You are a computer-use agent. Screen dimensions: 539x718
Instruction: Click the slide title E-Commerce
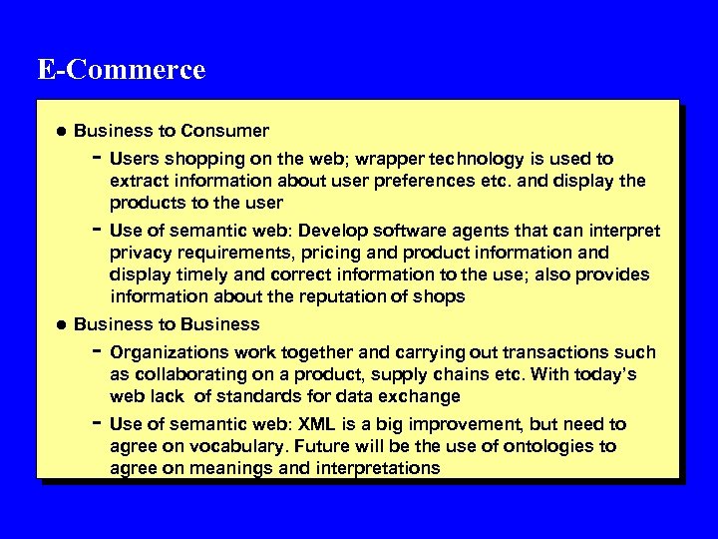[x=121, y=70]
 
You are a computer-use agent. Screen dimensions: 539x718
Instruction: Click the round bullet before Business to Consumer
[x=62, y=131]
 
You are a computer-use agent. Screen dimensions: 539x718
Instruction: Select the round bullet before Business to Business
[x=62, y=324]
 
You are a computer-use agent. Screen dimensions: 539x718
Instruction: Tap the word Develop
[x=353, y=231]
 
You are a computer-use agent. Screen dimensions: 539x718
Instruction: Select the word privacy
[x=139, y=253]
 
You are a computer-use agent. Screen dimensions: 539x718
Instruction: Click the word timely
[x=195, y=274]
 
